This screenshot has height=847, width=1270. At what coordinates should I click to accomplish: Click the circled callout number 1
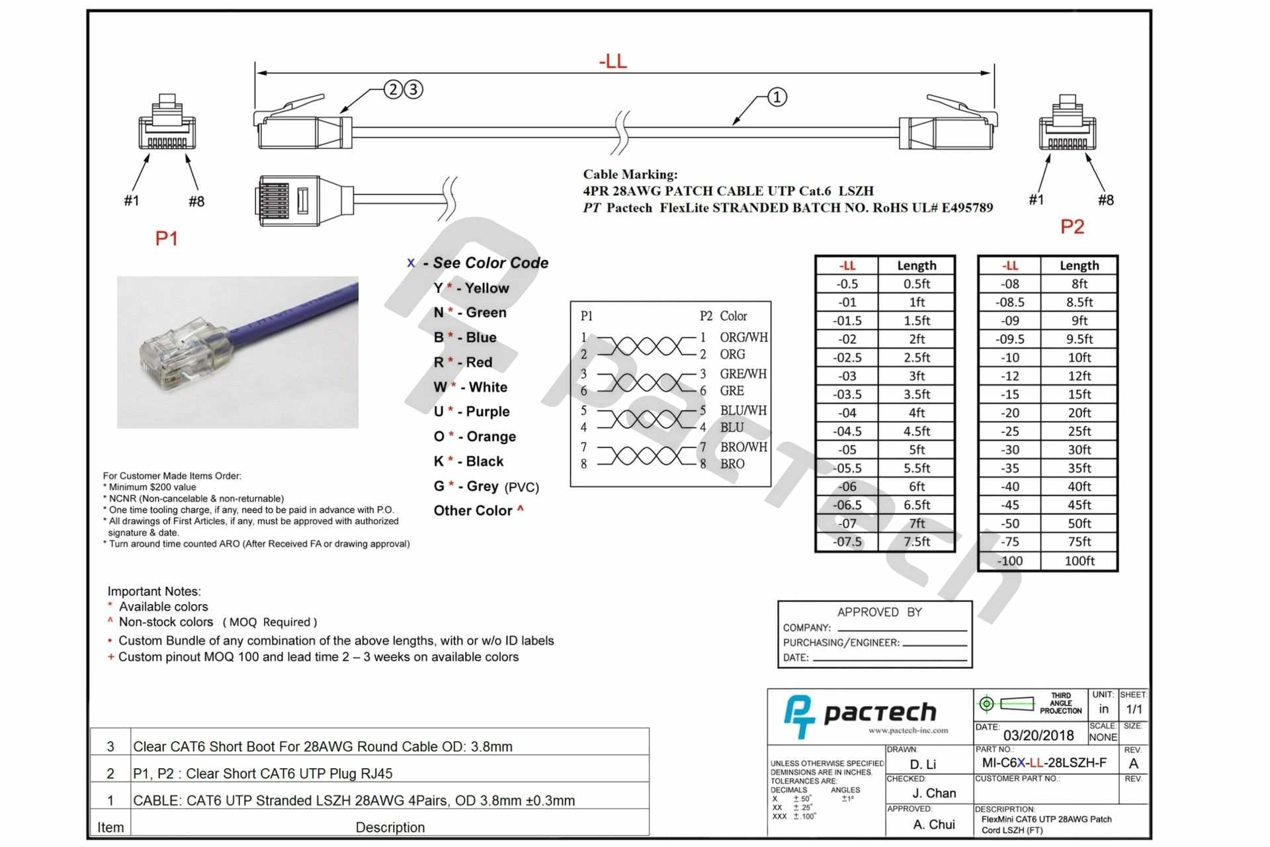pos(777,97)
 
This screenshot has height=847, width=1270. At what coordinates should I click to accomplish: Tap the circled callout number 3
pos(413,89)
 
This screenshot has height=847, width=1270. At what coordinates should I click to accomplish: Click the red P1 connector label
pos(166,238)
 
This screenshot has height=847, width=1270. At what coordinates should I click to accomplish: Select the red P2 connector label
pos(1072,227)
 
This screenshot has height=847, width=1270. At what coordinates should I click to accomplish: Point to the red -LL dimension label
pos(613,62)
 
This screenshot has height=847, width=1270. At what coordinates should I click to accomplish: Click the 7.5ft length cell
pos(916,541)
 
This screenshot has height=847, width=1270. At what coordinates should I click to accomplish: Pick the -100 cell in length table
pos(1009,560)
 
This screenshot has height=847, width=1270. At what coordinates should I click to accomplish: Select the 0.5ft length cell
pos(916,284)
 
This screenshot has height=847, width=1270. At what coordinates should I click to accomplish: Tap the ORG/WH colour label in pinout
pos(743,337)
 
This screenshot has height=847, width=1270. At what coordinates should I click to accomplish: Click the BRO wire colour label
pos(732,464)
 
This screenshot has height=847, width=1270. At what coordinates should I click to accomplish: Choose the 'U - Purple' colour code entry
pos(472,412)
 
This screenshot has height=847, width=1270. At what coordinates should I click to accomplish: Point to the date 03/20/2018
pos(1038,735)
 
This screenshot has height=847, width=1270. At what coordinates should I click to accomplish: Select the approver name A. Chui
pos(933,825)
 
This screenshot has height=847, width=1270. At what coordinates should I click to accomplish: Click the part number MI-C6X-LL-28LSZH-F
pos(1044,763)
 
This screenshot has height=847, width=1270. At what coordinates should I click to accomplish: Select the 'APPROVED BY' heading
pos(878,612)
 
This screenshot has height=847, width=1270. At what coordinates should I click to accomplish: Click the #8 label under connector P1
pos(196,201)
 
